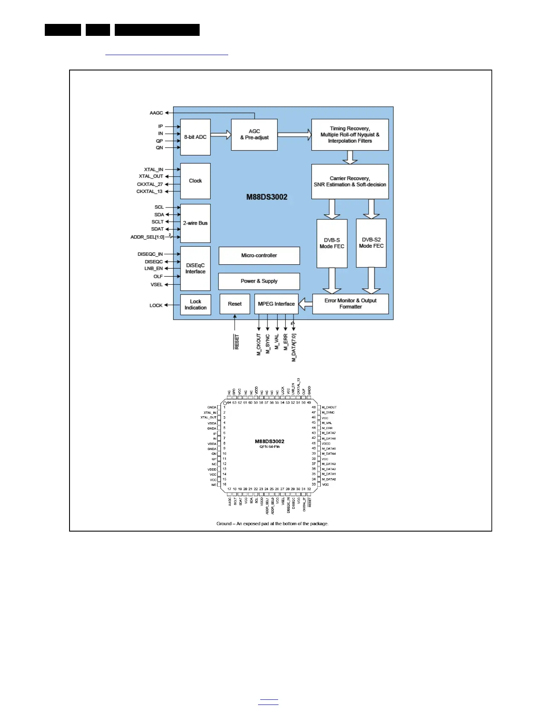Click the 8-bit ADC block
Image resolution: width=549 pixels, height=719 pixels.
195,137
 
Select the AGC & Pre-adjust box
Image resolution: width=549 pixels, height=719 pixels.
254,134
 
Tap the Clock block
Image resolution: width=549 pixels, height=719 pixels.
195,181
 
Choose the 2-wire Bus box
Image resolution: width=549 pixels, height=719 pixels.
195,223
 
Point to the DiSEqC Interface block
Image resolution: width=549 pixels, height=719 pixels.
195,269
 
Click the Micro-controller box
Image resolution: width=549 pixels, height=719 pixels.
259,256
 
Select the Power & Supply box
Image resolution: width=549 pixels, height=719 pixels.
259,281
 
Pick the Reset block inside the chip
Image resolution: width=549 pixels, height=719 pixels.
235,304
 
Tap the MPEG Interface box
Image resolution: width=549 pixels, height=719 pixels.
276,304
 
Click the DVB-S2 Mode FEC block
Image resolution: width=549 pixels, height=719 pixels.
371,243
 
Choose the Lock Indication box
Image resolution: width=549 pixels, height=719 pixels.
195,305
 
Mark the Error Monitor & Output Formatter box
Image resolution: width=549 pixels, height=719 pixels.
350,304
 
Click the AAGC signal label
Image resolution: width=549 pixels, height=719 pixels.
156,113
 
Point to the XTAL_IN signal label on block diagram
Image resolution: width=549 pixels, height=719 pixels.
154,170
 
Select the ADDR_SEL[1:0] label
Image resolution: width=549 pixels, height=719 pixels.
147,237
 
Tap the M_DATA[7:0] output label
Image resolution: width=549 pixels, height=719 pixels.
294,348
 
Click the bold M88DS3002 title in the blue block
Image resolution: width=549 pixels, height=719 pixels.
267,197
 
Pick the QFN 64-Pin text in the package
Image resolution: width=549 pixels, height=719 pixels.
270,447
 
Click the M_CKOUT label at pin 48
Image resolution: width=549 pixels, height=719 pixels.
329,407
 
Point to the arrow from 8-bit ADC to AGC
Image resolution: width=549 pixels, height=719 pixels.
221,135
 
